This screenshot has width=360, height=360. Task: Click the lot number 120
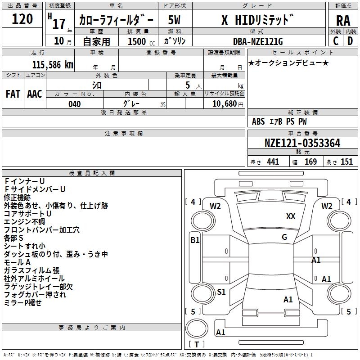pyautogui.click(x=22, y=19)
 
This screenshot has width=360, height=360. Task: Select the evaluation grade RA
pyautogui.click(x=343, y=20)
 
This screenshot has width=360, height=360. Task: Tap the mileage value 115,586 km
pyautogui.click(x=53, y=64)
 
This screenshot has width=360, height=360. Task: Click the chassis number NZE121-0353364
pyautogui.click(x=302, y=144)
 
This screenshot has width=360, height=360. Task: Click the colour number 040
pyautogui.click(x=74, y=104)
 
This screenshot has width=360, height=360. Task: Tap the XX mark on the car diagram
pyautogui.click(x=291, y=216)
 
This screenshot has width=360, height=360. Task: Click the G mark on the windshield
pyautogui.click(x=284, y=237)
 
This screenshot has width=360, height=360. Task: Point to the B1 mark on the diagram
pyautogui.click(x=195, y=240)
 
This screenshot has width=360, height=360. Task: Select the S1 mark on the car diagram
pyautogui.click(x=221, y=292)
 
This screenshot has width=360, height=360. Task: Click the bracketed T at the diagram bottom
pyautogui.click(x=197, y=345)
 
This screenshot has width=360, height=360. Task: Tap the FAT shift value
pyautogui.click(x=13, y=94)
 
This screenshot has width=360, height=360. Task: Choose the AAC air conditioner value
pyautogui.click(x=35, y=94)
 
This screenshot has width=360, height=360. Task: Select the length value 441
pyautogui.click(x=273, y=162)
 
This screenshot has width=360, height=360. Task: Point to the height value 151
pyautogui.click(x=346, y=162)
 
